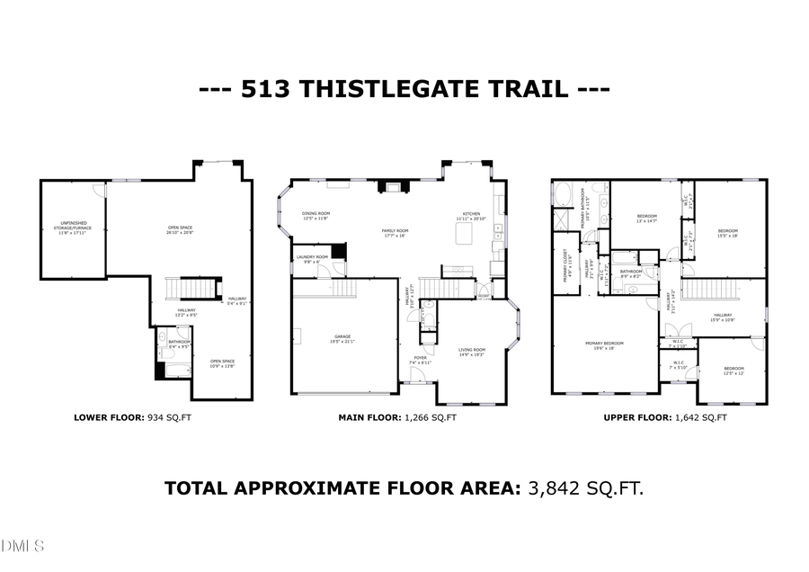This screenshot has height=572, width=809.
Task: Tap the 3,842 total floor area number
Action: (558, 488)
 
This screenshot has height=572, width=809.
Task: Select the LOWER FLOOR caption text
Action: (109, 417)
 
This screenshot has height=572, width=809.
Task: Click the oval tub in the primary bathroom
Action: (565, 193)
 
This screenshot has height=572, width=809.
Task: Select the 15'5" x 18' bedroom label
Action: (727, 233)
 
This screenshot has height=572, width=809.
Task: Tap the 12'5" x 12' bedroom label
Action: (734, 370)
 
